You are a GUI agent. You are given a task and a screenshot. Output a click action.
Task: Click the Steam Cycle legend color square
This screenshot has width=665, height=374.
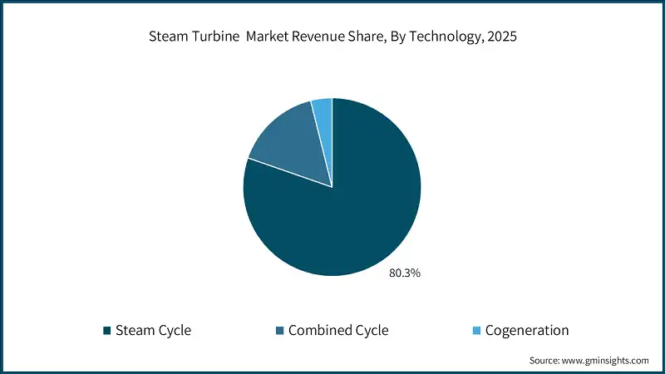pyautogui.click(x=106, y=331)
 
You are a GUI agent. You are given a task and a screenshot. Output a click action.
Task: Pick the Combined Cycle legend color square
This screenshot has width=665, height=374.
pyautogui.click(x=280, y=331)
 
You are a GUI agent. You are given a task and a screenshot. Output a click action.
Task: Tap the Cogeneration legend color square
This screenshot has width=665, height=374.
pyautogui.click(x=477, y=331)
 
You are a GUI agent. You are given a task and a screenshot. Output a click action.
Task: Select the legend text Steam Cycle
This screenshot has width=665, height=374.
pyautogui.click(x=153, y=331)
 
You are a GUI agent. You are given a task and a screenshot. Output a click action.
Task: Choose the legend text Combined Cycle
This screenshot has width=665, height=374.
pyautogui.click(x=338, y=331)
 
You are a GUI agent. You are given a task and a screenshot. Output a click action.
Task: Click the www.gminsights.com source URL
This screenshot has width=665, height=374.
pyautogui.click(x=607, y=361)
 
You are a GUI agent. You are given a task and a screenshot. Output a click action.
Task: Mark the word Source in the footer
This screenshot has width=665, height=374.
pyautogui.click(x=545, y=361)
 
